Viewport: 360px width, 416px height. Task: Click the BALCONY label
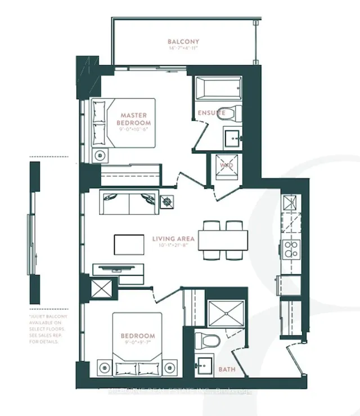(x=183, y=42)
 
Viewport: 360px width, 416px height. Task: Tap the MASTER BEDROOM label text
(x=134, y=119)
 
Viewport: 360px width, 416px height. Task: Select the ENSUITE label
(x=211, y=113)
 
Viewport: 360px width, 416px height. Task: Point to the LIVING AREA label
(x=173, y=238)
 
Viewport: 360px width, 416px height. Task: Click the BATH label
(x=226, y=369)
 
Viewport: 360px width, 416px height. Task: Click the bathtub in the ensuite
(x=218, y=88)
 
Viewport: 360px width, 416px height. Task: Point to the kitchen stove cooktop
(x=292, y=248)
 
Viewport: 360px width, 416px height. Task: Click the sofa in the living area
(x=128, y=202)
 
